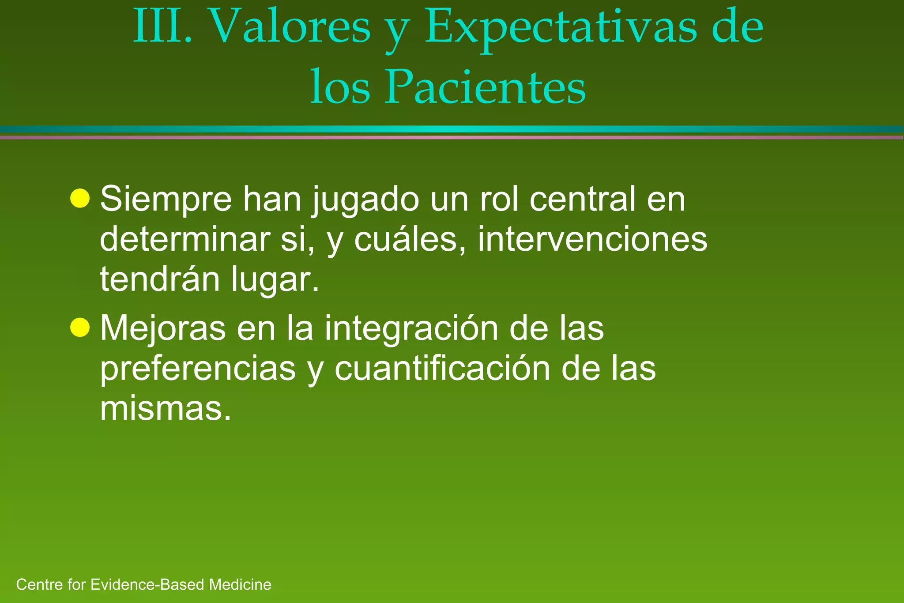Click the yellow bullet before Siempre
tap(80, 198)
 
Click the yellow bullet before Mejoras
tap(80, 327)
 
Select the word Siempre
tap(166, 200)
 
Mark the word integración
tap(411, 329)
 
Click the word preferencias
tap(197, 368)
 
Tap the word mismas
tap(165, 408)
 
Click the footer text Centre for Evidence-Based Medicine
tap(143, 584)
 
